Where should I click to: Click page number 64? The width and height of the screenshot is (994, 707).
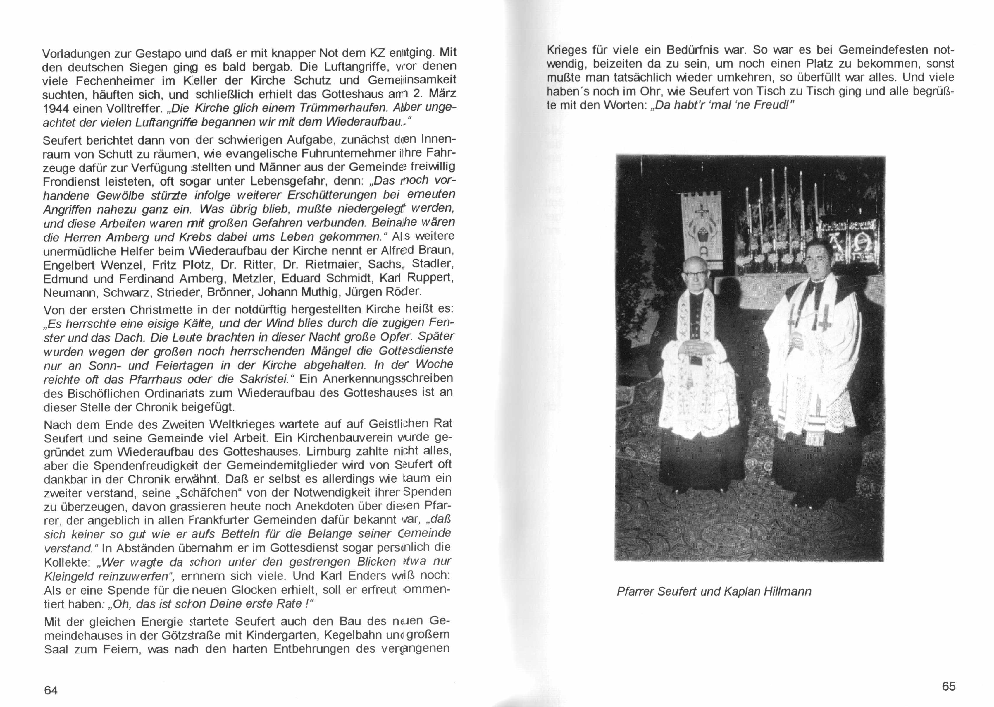point(51,690)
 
